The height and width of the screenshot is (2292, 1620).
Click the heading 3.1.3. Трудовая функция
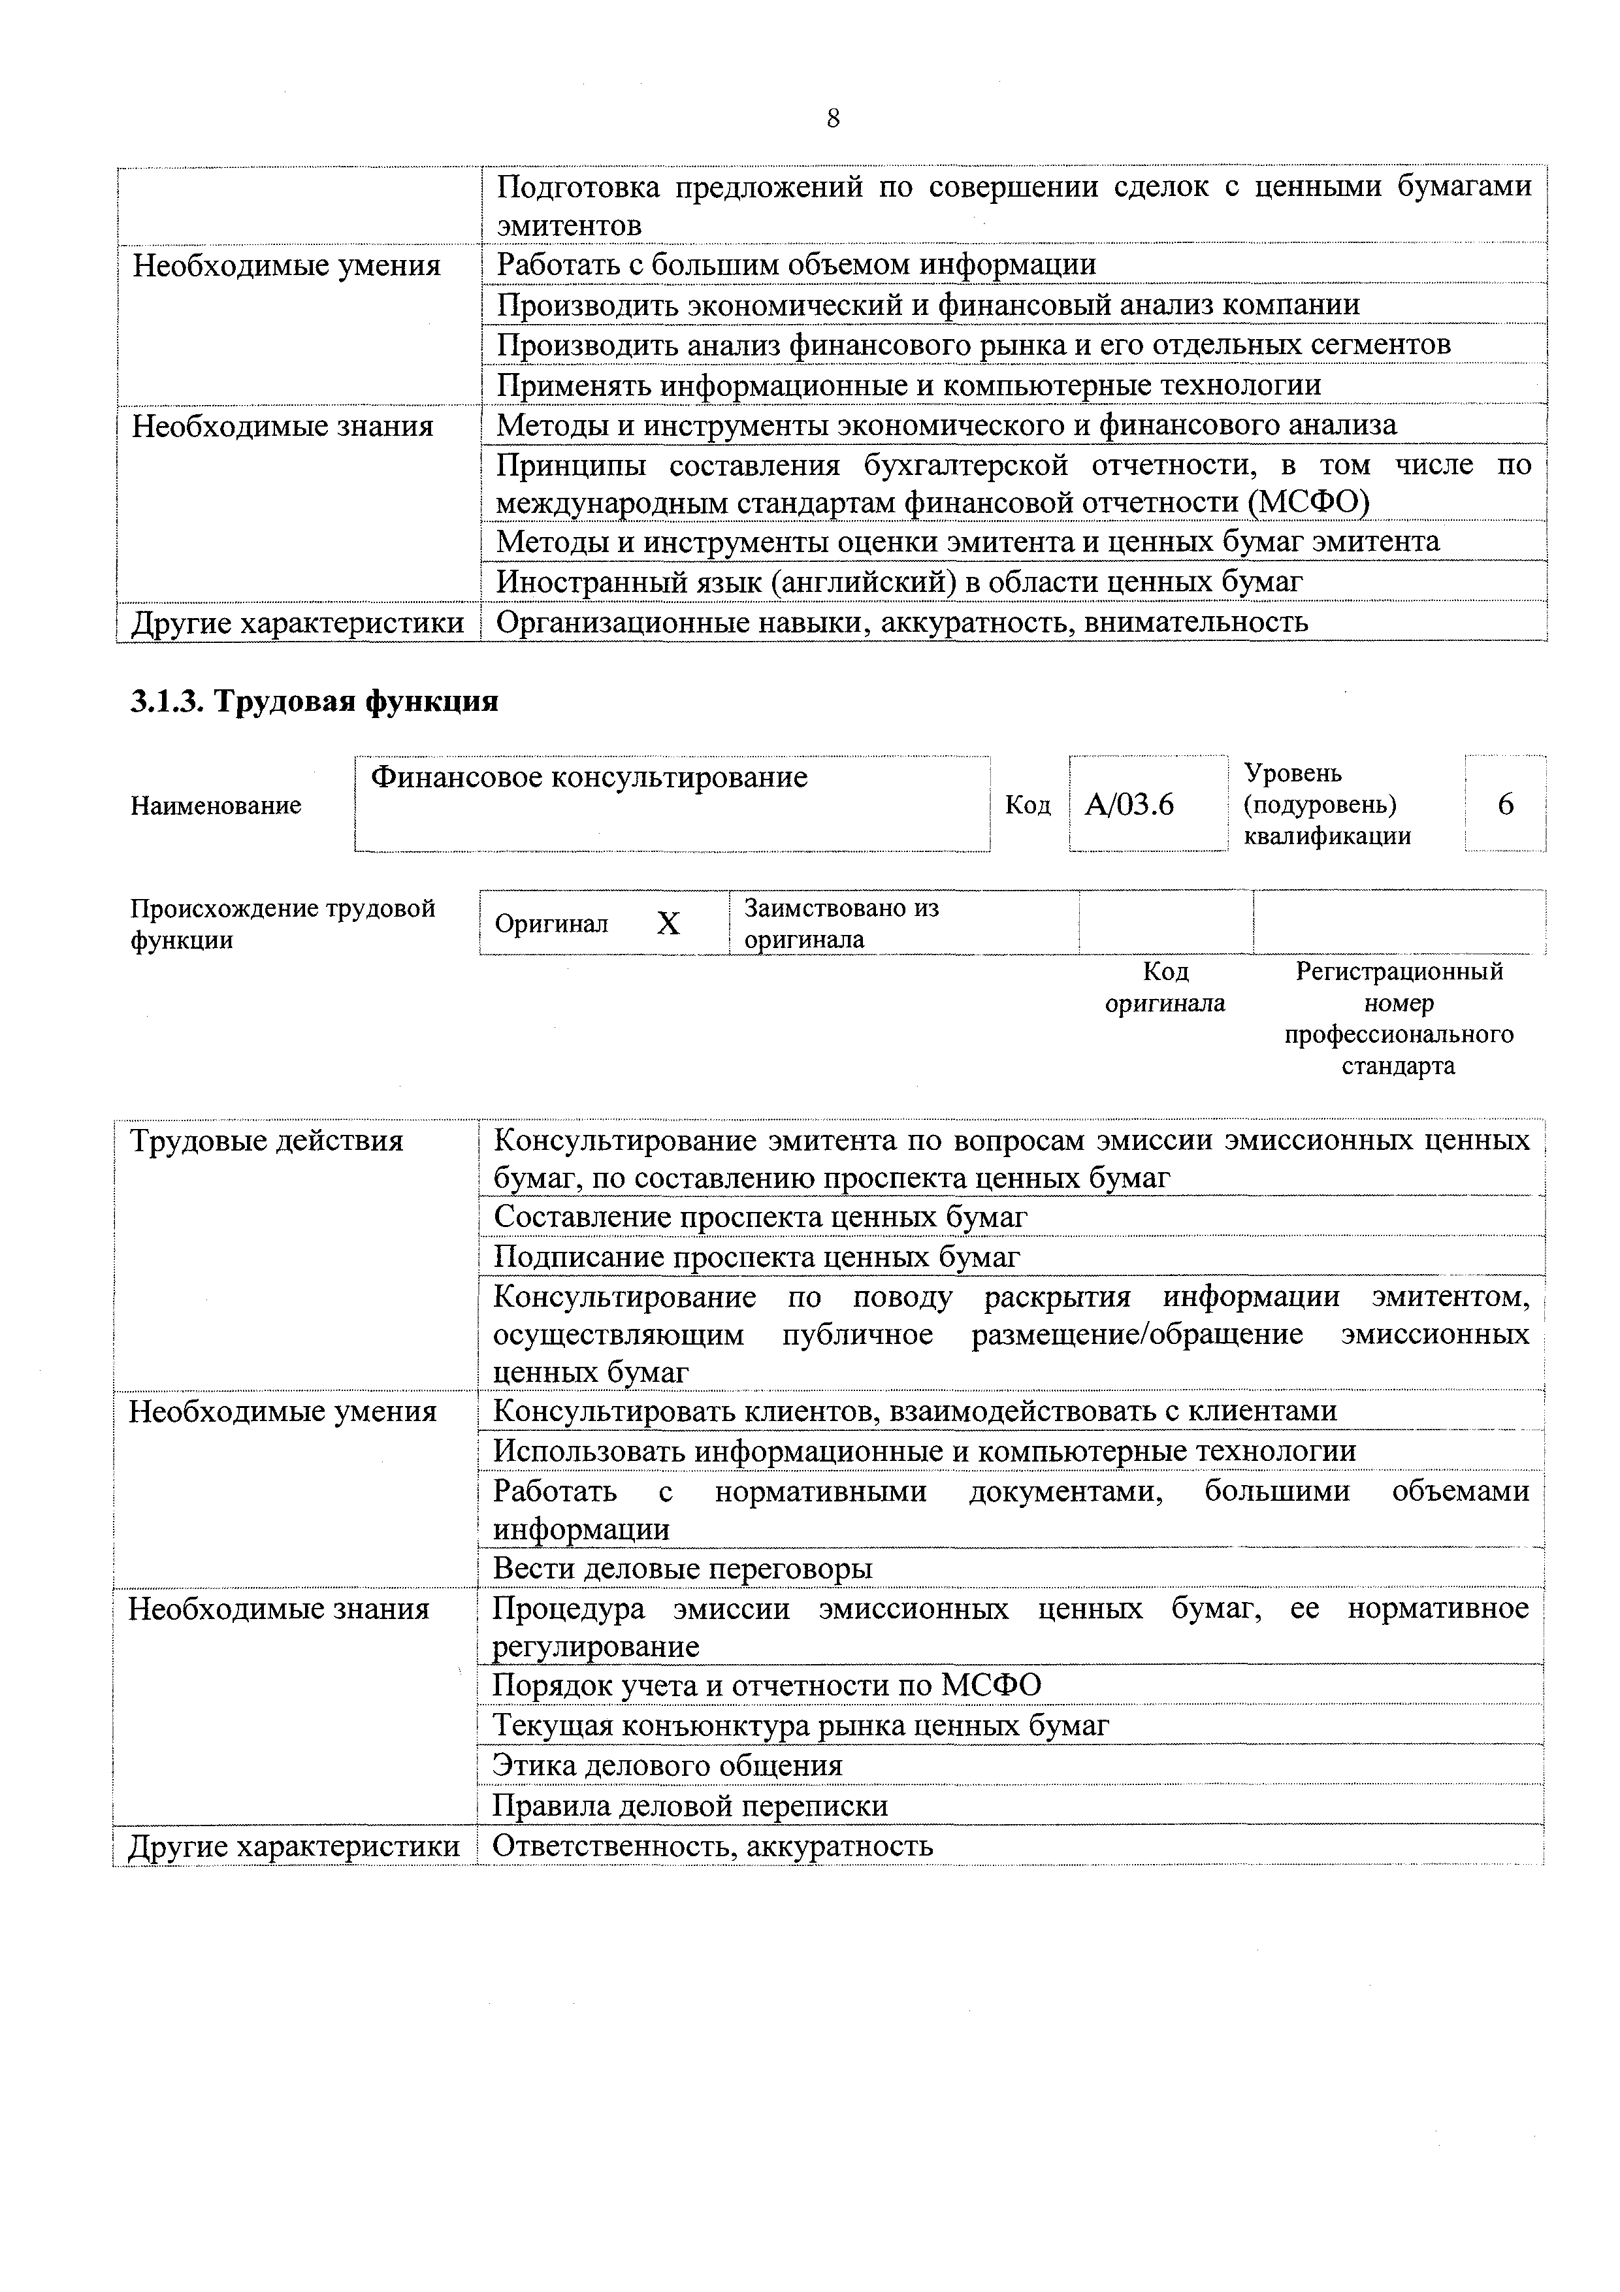[314, 702]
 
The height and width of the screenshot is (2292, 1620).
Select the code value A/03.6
[1129, 804]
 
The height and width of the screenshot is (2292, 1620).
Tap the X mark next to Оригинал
[668, 925]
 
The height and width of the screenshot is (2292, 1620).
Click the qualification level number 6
[1505, 804]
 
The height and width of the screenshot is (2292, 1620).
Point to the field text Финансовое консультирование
[589, 777]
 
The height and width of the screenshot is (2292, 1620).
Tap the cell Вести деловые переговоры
[683, 1568]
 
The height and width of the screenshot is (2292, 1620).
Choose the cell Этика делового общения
[668, 1765]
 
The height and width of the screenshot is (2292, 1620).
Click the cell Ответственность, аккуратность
[713, 1846]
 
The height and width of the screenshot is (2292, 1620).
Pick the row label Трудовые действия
[267, 1141]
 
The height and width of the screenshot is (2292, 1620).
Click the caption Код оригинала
[1165, 987]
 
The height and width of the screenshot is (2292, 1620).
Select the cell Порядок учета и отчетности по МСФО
[767, 1685]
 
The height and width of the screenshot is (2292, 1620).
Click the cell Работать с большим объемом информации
[796, 265]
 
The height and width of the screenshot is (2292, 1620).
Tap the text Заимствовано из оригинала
[841, 923]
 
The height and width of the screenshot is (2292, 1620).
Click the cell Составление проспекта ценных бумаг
[760, 1217]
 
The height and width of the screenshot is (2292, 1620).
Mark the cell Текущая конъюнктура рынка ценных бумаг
[800, 1725]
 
